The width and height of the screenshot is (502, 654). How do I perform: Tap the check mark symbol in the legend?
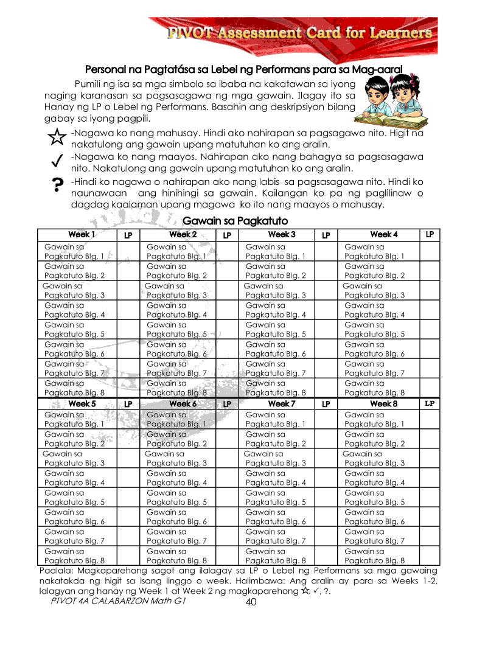point(56,161)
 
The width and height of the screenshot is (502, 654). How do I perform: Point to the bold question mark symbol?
point(57,186)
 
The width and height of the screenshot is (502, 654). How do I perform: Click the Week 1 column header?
point(81,235)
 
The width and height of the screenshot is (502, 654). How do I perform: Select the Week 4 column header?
point(383,234)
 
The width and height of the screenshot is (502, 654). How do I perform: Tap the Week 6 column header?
point(183,404)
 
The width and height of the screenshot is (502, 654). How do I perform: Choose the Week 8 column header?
point(383,403)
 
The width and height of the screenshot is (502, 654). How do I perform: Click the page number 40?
point(251,602)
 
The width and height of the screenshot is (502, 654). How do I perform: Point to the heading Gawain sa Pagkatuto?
point(235,221)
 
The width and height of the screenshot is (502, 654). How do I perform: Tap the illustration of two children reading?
point(389,99)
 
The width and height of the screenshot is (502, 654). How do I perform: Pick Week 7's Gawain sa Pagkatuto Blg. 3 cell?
point(275,459)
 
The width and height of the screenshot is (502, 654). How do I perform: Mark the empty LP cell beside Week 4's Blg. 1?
point(430,252)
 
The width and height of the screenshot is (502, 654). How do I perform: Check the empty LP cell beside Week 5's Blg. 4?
point(128,478)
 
